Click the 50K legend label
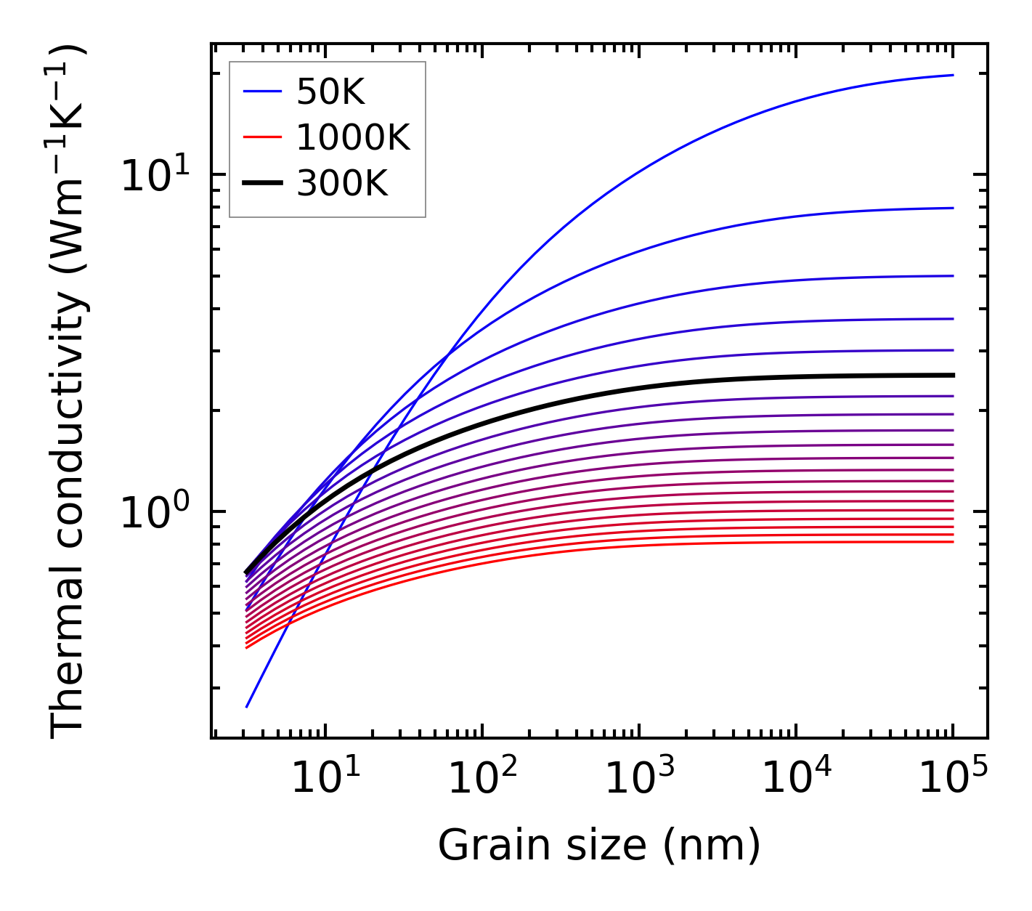coord(330,92)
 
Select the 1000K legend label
coord(353,138)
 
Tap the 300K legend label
coord(342,184)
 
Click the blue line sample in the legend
coord(261,92)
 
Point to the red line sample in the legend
coord(261,138)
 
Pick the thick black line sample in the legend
coord(261,184)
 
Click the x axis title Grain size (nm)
coord(599,846)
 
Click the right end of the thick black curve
coord(952,375)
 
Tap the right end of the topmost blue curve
coord(952,75)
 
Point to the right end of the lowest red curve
coord(952,542)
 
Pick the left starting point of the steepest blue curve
coord(247,707)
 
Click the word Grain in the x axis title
coord(484,846)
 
